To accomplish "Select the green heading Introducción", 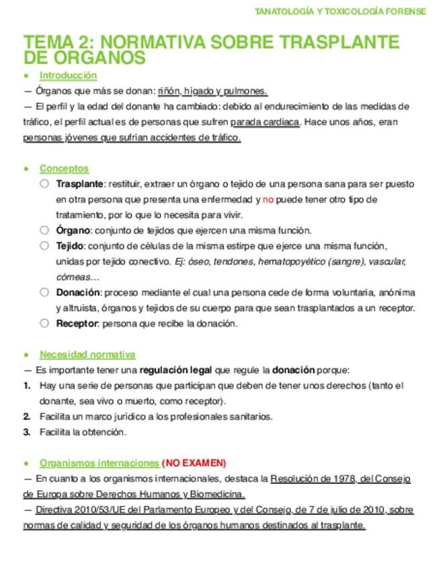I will click(x=68, y=75).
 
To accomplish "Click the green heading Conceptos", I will click(x=64, y=169).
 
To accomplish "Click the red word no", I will click(x=268, y=200).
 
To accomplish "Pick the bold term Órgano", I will click(x=73, y=230).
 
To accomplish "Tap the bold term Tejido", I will click(x=71, y=245).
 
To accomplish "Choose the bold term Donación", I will click(x=78, y=292).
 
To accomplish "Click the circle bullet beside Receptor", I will click(x=44, y=323).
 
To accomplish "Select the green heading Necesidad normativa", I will click(x=87, y=354).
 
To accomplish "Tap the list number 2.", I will click(x=27, y=417).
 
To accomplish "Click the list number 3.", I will click(x=27, y=432).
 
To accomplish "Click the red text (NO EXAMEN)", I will click(x=194, y=463).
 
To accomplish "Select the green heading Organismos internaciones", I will click(x=99, y=463).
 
